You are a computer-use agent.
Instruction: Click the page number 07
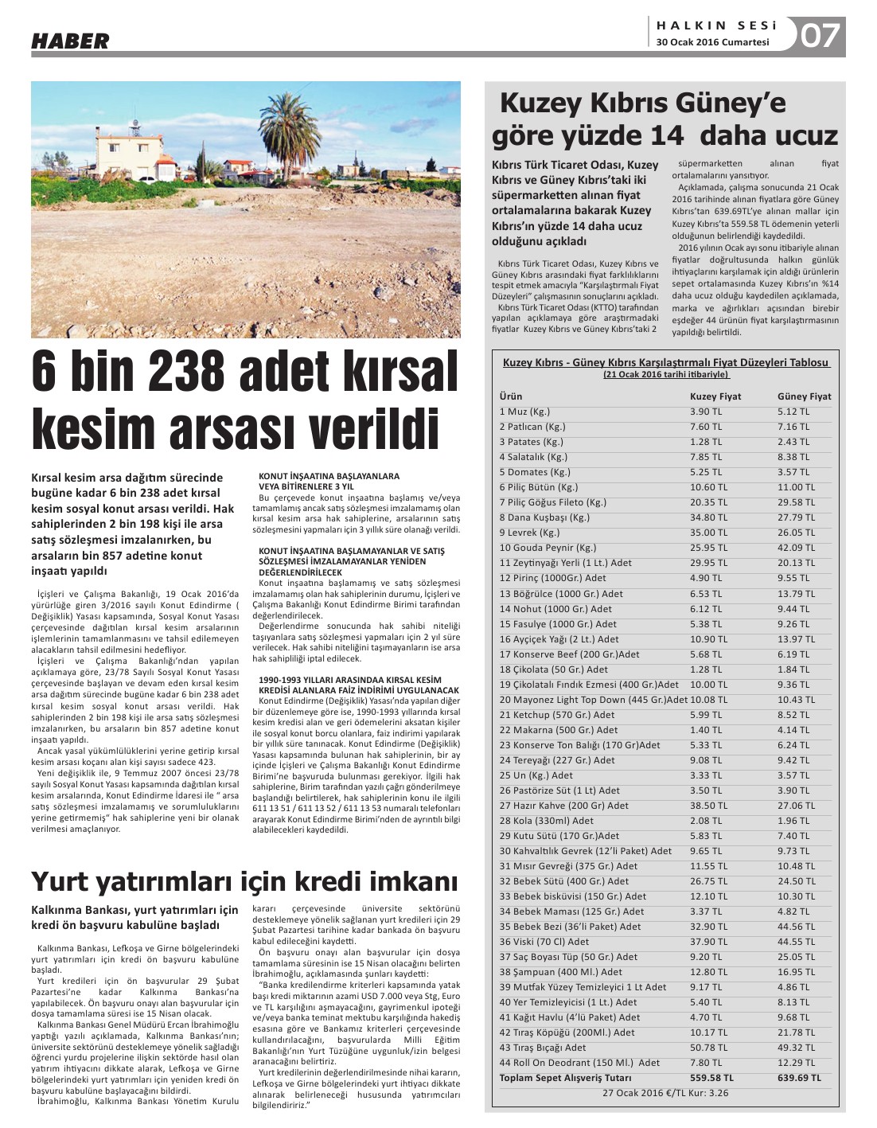coord(819,37)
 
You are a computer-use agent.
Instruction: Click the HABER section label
coord(70,41)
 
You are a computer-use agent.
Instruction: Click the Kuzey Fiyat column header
coord(715,396)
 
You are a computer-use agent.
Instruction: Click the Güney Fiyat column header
coord(804,396)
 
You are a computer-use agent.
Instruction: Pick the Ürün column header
coord(511,396)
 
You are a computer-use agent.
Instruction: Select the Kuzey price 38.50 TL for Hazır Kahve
coord(708,806)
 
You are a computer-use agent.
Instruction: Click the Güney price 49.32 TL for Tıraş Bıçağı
coord(796,1048)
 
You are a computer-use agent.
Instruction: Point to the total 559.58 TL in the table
coord(711,1078)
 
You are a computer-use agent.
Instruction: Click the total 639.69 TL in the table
coord(799,1078)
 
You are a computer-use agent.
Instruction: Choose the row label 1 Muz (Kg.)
coord(524,412)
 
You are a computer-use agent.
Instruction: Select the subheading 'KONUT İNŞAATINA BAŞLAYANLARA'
coord(329,476)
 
